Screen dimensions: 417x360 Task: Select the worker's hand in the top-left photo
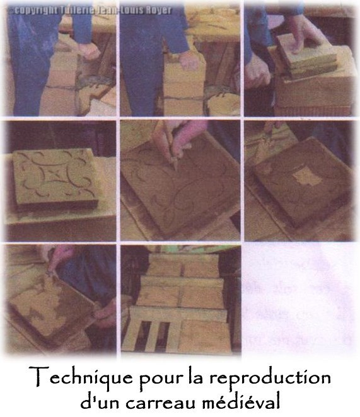[x=90, y=50]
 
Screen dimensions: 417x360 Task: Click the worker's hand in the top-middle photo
[x=189, y=60]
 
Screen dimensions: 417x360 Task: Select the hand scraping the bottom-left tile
[x=60, y=258]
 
